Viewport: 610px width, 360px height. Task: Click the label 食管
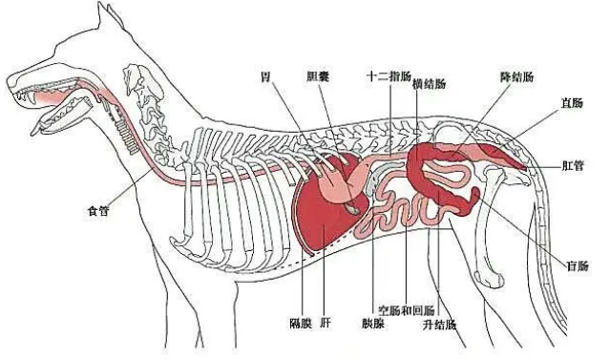(98, 211)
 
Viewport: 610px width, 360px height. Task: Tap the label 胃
(265, 77)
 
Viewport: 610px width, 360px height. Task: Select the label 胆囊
(318, 76)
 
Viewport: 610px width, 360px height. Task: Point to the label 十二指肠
(389, 76)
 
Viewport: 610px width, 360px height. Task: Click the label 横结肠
(429, 84)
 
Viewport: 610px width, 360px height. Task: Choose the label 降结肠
(516, 76)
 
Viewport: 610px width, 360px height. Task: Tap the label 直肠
(572, 103)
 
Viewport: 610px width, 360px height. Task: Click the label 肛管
(573, 165)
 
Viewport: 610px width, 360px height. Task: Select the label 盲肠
(578, 265)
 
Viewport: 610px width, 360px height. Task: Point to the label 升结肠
(440, 325)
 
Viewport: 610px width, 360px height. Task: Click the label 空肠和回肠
(407, 310)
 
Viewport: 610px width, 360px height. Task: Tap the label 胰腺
(373, 323)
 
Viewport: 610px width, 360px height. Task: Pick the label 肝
(326, 323)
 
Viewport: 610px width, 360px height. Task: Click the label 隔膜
(301, 323)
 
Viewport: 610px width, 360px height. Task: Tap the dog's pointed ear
(111, 17)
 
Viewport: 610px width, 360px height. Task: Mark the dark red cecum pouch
(471, 201)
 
